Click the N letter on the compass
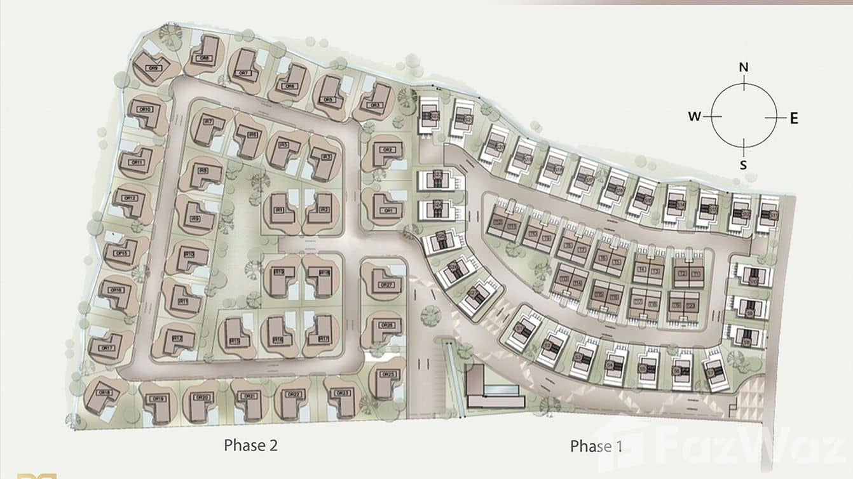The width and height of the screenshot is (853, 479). (x=744, y=67)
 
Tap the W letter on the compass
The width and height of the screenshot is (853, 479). (x=694, y=116)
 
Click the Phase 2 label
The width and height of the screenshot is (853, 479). (x=251, y=445)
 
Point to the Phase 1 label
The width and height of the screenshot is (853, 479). (x=596, y=446)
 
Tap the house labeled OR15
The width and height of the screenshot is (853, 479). (x=121, y=252)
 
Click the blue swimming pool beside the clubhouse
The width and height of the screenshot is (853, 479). (x=506, y=388)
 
